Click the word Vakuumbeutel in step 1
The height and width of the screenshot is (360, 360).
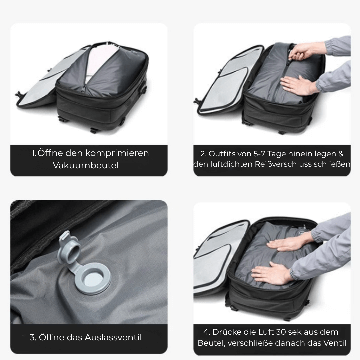[86, 165]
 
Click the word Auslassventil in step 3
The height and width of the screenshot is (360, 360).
[113, 337]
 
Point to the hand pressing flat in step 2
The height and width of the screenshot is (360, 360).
[298, 85]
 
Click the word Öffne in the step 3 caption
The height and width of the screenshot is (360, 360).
[52, 337]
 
